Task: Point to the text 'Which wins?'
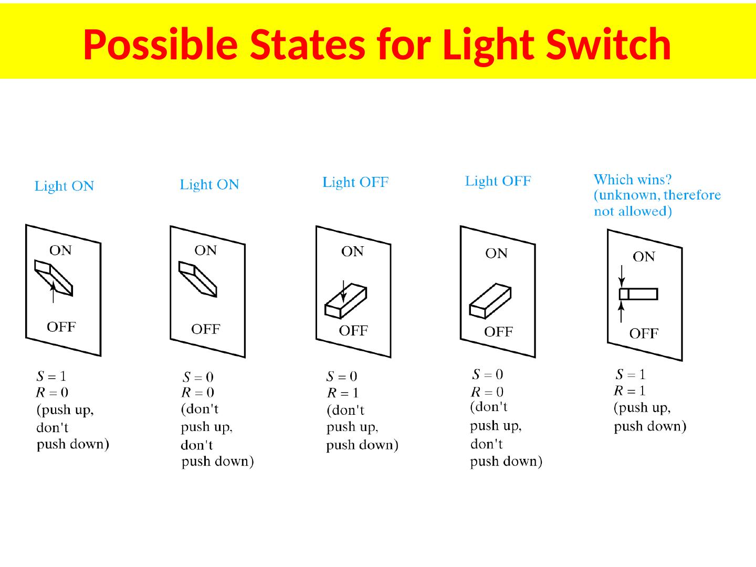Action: [x=633, y=180]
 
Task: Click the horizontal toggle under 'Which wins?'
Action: [x=638, y=294]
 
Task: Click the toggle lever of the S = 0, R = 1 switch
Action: [x=345, y=302]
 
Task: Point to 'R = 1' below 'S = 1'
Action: [x=630, y=391]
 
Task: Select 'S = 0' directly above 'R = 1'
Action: [x=342, y=376]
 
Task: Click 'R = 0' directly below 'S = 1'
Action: [x=52, y=392]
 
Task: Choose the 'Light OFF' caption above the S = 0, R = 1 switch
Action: [x=355, y=182]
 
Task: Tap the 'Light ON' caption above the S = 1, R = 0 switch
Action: [x=64, y=186]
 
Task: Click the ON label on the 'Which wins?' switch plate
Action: [x=644, y=257]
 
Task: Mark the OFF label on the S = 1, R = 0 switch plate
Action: [x=61, y=327]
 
